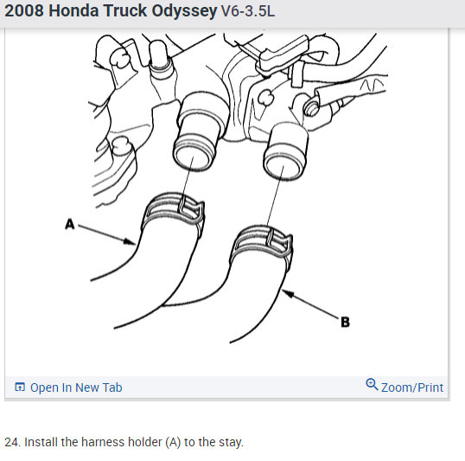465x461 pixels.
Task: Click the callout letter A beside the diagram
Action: pos(70,224)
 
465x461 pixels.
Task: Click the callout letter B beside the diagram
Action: pos(346,323)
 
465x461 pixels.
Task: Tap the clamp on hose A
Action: pos(175,209)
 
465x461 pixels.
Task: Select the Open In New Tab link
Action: pos(76,387)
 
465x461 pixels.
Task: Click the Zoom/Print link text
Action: pos(412,387)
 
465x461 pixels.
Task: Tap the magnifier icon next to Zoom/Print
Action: pos(372,386)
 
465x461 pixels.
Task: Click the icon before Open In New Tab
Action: pos(20,387)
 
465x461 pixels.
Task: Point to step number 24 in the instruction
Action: pos(12,442)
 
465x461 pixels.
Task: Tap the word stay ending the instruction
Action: pos(231,442)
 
